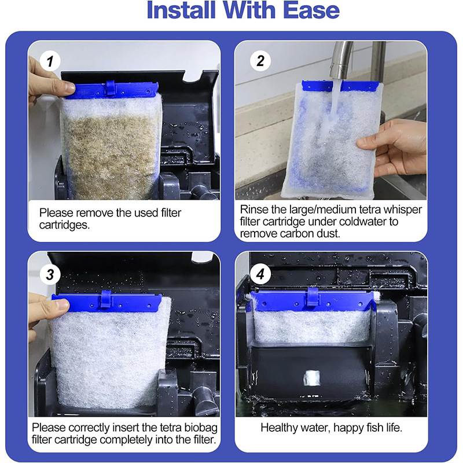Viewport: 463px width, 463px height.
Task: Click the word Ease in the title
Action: click(311, 10)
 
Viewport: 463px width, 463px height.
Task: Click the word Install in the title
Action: click(181, 10)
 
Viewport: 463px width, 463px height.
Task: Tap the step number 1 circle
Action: click(50, 61)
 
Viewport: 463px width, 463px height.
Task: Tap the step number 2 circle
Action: click(260, 61)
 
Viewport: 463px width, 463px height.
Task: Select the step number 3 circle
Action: click(50, 274)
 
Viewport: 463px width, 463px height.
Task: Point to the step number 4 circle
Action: click(260, 274)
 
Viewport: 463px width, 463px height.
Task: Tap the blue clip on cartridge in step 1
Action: click(111, 89)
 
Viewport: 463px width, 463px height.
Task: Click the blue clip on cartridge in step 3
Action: click(105, 299)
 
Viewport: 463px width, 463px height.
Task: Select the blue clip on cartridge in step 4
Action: click(313, 296)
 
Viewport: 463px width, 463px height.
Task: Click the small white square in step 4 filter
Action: click(312, 379)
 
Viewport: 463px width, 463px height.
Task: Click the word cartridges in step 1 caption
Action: click(64, 225)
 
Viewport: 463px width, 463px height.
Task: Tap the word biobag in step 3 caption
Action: click(201, 428)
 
